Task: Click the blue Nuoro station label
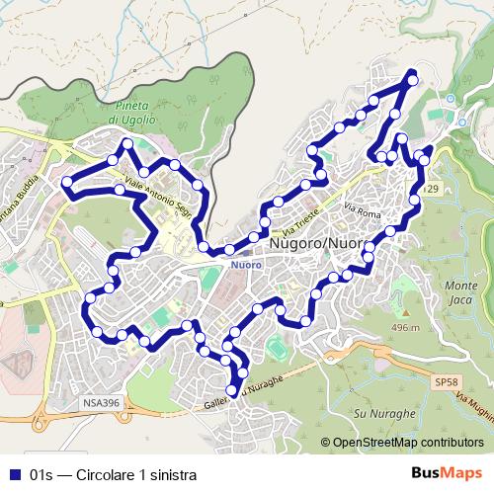click(245, 265)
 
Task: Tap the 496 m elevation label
click(405, 327)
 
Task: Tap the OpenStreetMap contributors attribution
click(401, 444)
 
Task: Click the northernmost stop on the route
click(413, 79)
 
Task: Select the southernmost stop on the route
click(233, 391)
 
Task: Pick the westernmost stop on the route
click(66, 182)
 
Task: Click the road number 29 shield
click(433, 189)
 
